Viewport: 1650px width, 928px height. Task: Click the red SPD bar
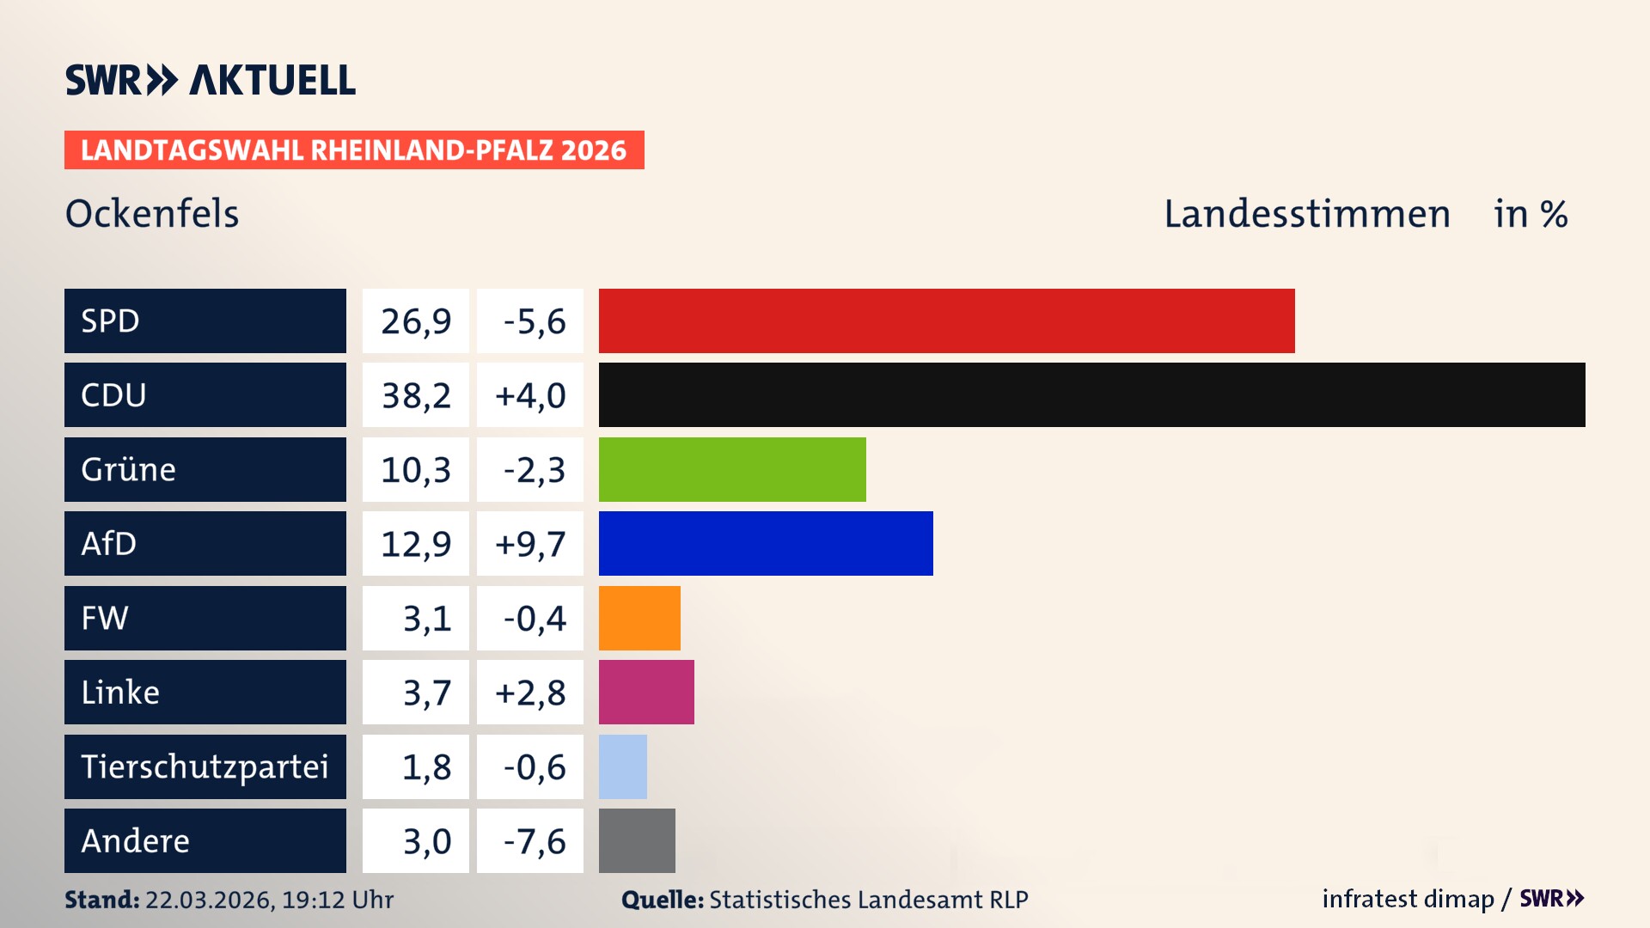[946, 321]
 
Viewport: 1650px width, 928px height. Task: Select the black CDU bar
[1091, 394]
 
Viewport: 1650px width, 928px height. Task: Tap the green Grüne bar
[732, 469]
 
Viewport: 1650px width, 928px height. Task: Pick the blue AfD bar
[766, 543]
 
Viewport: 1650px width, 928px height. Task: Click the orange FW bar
[639, 618]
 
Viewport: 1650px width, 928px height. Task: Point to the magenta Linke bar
[646, 692]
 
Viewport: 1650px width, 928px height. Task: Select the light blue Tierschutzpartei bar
[623, 766]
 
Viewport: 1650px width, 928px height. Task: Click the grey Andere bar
[637, 840]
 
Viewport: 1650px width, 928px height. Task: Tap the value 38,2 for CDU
[416, 395]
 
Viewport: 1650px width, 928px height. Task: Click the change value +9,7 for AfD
[530, 544]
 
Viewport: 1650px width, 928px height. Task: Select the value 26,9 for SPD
[416, 321]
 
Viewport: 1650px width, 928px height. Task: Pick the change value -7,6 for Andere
[534, 841]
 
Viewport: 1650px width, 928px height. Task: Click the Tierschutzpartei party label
[205, 766]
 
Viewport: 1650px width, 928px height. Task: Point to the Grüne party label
[129, 469]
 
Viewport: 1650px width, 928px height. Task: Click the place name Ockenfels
[152, 213]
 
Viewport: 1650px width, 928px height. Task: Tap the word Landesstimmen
[1306, 213]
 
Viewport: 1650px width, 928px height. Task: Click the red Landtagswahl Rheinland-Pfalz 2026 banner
[354, 150]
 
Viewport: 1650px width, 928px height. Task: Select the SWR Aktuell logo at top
[211, 80]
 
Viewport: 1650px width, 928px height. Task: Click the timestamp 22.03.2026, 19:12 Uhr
[269, 900]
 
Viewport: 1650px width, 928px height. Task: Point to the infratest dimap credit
[1408, 899]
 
